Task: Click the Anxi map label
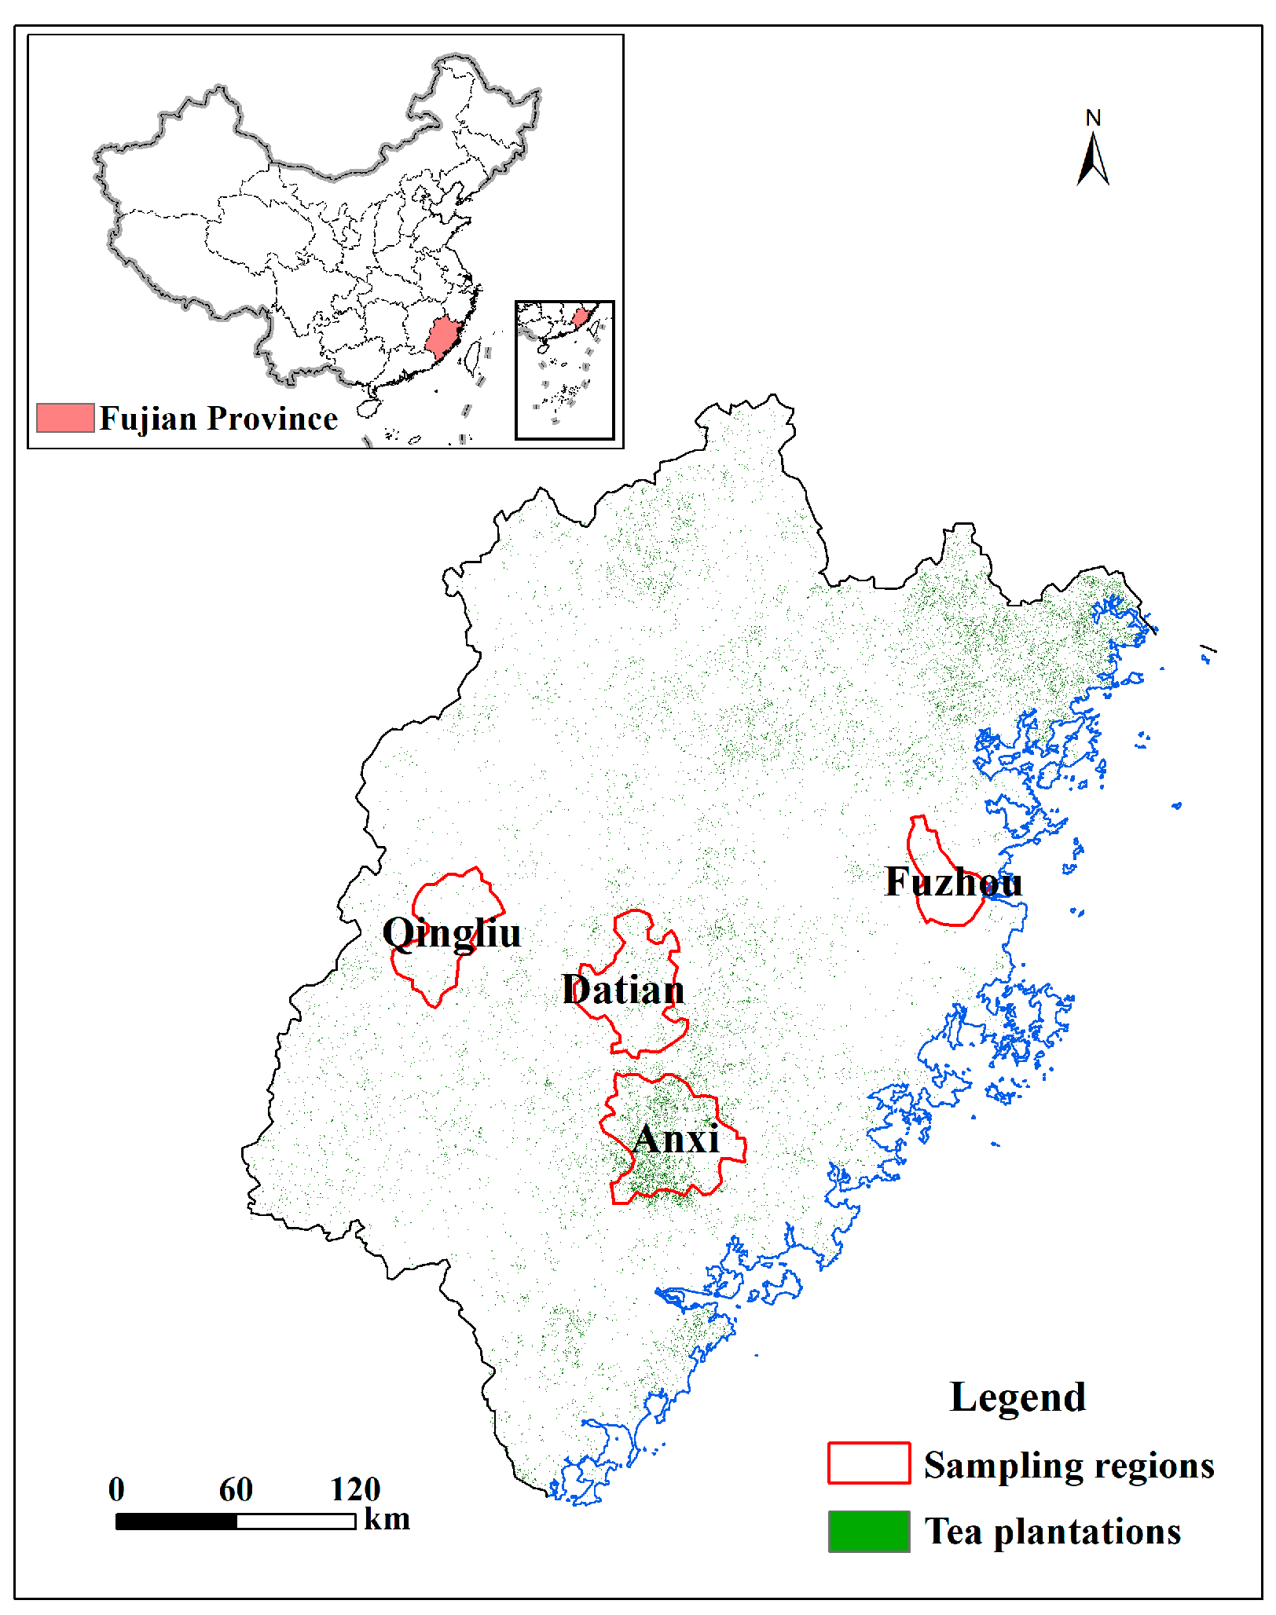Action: tap(676, 1138)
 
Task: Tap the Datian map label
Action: tap(623, 989)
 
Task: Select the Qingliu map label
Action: tap(451, 933)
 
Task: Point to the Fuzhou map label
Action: tap(953, 881)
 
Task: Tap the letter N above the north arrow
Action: tap(1093, 118)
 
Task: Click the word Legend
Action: tap(1017, 1397)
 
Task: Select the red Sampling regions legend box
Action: tap(868, 1463)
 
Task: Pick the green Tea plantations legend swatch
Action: tap(868, 1531)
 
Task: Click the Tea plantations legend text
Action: tap(1052, 1532)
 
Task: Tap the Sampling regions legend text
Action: tap(1069, 1465)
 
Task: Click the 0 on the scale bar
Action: tap(116, 1489)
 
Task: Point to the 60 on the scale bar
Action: tap(236, 1489)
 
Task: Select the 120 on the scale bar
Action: tap(355, 1489)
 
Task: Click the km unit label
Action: tap(387, 1519)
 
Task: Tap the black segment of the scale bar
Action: tap(176, 1522)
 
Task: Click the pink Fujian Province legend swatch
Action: tap(65, 418)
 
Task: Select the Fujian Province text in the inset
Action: tap(218, 419)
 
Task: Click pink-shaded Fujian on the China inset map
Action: tap(443, 337)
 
